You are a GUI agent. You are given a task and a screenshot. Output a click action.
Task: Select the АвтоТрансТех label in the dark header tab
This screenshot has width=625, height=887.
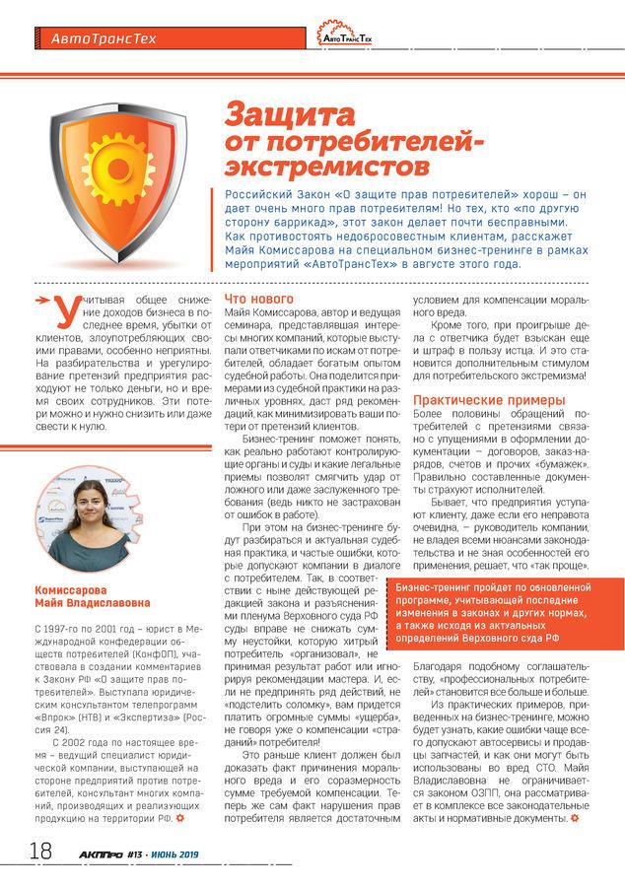pos(96,39)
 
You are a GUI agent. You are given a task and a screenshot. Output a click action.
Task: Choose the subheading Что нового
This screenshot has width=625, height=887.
pos(259,298)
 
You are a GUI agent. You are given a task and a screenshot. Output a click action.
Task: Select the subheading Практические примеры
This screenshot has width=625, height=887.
pos(475,400)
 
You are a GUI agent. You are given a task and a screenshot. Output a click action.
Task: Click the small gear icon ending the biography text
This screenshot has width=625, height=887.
pos(180,817)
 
